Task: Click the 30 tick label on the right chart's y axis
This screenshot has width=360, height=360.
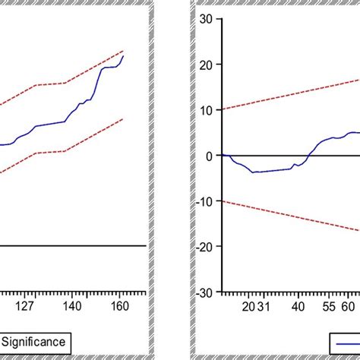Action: (206, 19)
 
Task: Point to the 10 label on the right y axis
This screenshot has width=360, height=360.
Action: (206, 110)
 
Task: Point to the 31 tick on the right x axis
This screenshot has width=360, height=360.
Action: (263, 307)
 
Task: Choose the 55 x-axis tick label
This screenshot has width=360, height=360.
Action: (328, 307)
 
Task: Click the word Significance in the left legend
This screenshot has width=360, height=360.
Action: (36, 341)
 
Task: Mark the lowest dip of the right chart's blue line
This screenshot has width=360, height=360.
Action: (254, 172)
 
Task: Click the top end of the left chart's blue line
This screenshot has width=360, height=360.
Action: (124, 55)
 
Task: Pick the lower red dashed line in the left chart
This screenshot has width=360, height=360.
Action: (76, 144)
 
